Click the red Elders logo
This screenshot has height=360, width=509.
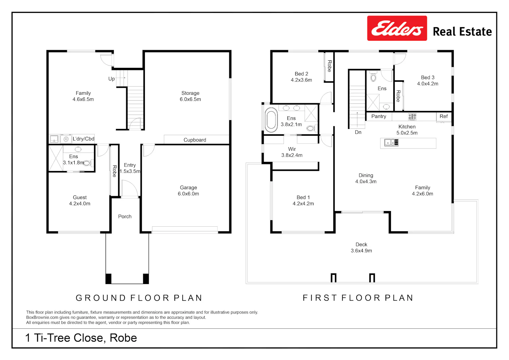point(397,28)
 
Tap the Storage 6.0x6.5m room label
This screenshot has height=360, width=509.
point(190,96)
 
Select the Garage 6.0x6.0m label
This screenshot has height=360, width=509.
point(188,191)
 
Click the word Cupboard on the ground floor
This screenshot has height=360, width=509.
point(195,140)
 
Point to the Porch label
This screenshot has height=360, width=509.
point(125,216)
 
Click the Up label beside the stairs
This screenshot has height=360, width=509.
point(111,79)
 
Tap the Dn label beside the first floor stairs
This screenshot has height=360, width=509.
point(358,132)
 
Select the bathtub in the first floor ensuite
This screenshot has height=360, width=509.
point(271,120)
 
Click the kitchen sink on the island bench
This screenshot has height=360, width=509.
point(391,143)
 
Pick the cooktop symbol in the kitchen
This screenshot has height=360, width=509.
point(412,117)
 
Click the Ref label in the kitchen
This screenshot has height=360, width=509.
point(444,116)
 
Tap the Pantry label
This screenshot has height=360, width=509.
point(379,116)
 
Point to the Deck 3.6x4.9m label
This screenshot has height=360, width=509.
point(361,247)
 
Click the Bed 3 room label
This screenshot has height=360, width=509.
point(428,80)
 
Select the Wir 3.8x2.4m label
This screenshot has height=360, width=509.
point(292,152)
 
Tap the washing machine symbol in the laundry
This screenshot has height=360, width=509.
point(66,139)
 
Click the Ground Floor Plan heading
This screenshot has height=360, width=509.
point(139,298)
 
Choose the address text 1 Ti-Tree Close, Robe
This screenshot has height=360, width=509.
point(81,338)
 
